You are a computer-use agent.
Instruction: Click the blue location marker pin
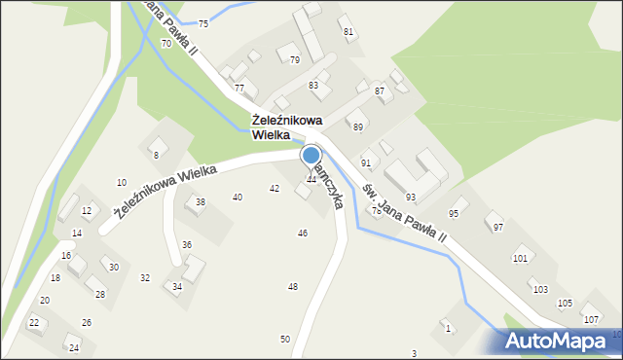tap(311, 155)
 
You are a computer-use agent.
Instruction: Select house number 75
tap(202, 23)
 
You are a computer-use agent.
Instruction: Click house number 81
tap(348, 31)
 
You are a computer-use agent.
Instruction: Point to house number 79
tap(295, 60)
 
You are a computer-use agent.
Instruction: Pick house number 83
tap(313, 86)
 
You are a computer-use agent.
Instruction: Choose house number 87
tap(380, 90)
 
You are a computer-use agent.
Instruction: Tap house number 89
tap(358, 127)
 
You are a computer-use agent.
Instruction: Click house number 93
tap(411, 197)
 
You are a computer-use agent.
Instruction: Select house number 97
tap(498, 227)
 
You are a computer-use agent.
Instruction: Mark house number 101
tap(520, 258)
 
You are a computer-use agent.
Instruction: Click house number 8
tap(155, 155)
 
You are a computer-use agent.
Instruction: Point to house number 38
tap(201, 201)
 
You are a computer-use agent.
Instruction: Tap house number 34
tap(177, 287)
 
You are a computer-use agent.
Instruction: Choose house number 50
tap(285, 339)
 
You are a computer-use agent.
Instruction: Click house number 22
tap(33, 322)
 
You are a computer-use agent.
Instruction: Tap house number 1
tap(448, 328)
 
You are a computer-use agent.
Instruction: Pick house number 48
tap(293, 286)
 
